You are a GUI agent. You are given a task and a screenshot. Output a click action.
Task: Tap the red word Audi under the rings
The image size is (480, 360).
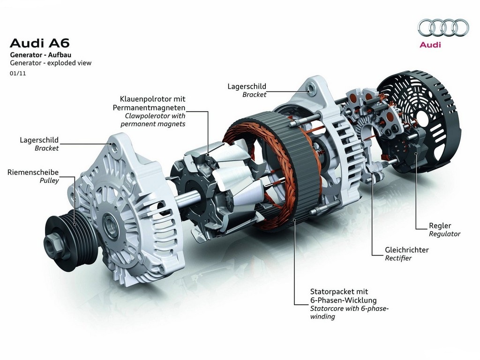point(430,45)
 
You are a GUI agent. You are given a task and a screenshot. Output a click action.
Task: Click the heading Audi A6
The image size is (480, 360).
point(40,43)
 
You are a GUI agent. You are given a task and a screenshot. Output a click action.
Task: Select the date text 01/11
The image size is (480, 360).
point(18,74)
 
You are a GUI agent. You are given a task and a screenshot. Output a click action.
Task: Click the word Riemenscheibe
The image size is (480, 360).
point(33,172)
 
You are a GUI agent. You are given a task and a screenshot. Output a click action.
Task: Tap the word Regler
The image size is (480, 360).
point(440,226)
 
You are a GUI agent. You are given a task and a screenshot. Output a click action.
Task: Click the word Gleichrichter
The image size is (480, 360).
point(407,250)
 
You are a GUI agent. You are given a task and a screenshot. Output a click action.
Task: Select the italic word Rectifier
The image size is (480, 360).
point(398,258)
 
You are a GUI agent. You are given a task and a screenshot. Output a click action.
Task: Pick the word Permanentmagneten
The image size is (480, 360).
point(149,108)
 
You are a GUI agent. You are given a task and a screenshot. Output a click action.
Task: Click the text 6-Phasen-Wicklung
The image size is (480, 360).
point(344,300)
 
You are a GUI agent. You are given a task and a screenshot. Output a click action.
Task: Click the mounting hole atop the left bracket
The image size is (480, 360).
point(115,148)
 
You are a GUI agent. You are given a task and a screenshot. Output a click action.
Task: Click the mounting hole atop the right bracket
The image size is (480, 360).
point(311,89)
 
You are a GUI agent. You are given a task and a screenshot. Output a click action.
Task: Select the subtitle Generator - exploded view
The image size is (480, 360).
point(51,63)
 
